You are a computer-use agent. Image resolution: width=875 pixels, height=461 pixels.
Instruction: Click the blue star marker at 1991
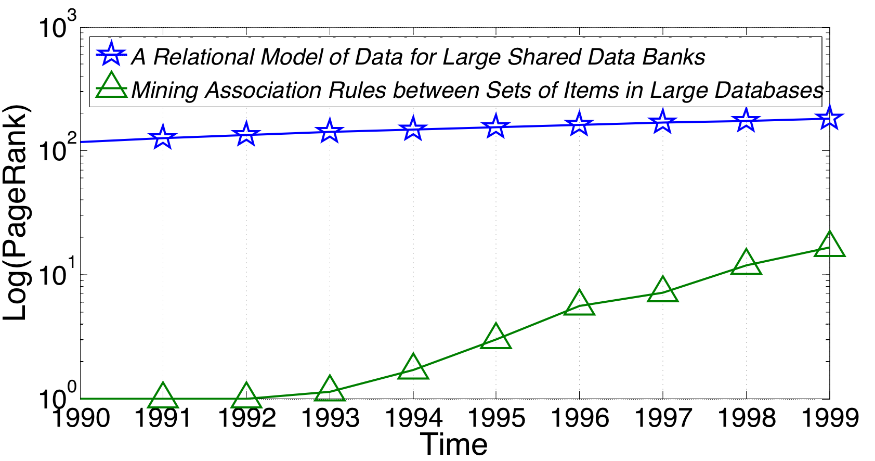[163, 137]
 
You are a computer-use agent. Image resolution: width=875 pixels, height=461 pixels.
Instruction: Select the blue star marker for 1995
[495, 127]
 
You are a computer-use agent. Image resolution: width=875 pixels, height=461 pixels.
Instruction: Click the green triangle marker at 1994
[413, 368]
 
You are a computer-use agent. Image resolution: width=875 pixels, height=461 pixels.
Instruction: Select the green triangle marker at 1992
[246, 397]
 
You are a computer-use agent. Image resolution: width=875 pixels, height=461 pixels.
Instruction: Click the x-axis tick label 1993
[330, 418]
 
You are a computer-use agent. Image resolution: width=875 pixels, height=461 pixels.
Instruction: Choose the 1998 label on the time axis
[746, 418]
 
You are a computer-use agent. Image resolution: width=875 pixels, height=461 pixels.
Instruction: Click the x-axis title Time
[454, 445]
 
